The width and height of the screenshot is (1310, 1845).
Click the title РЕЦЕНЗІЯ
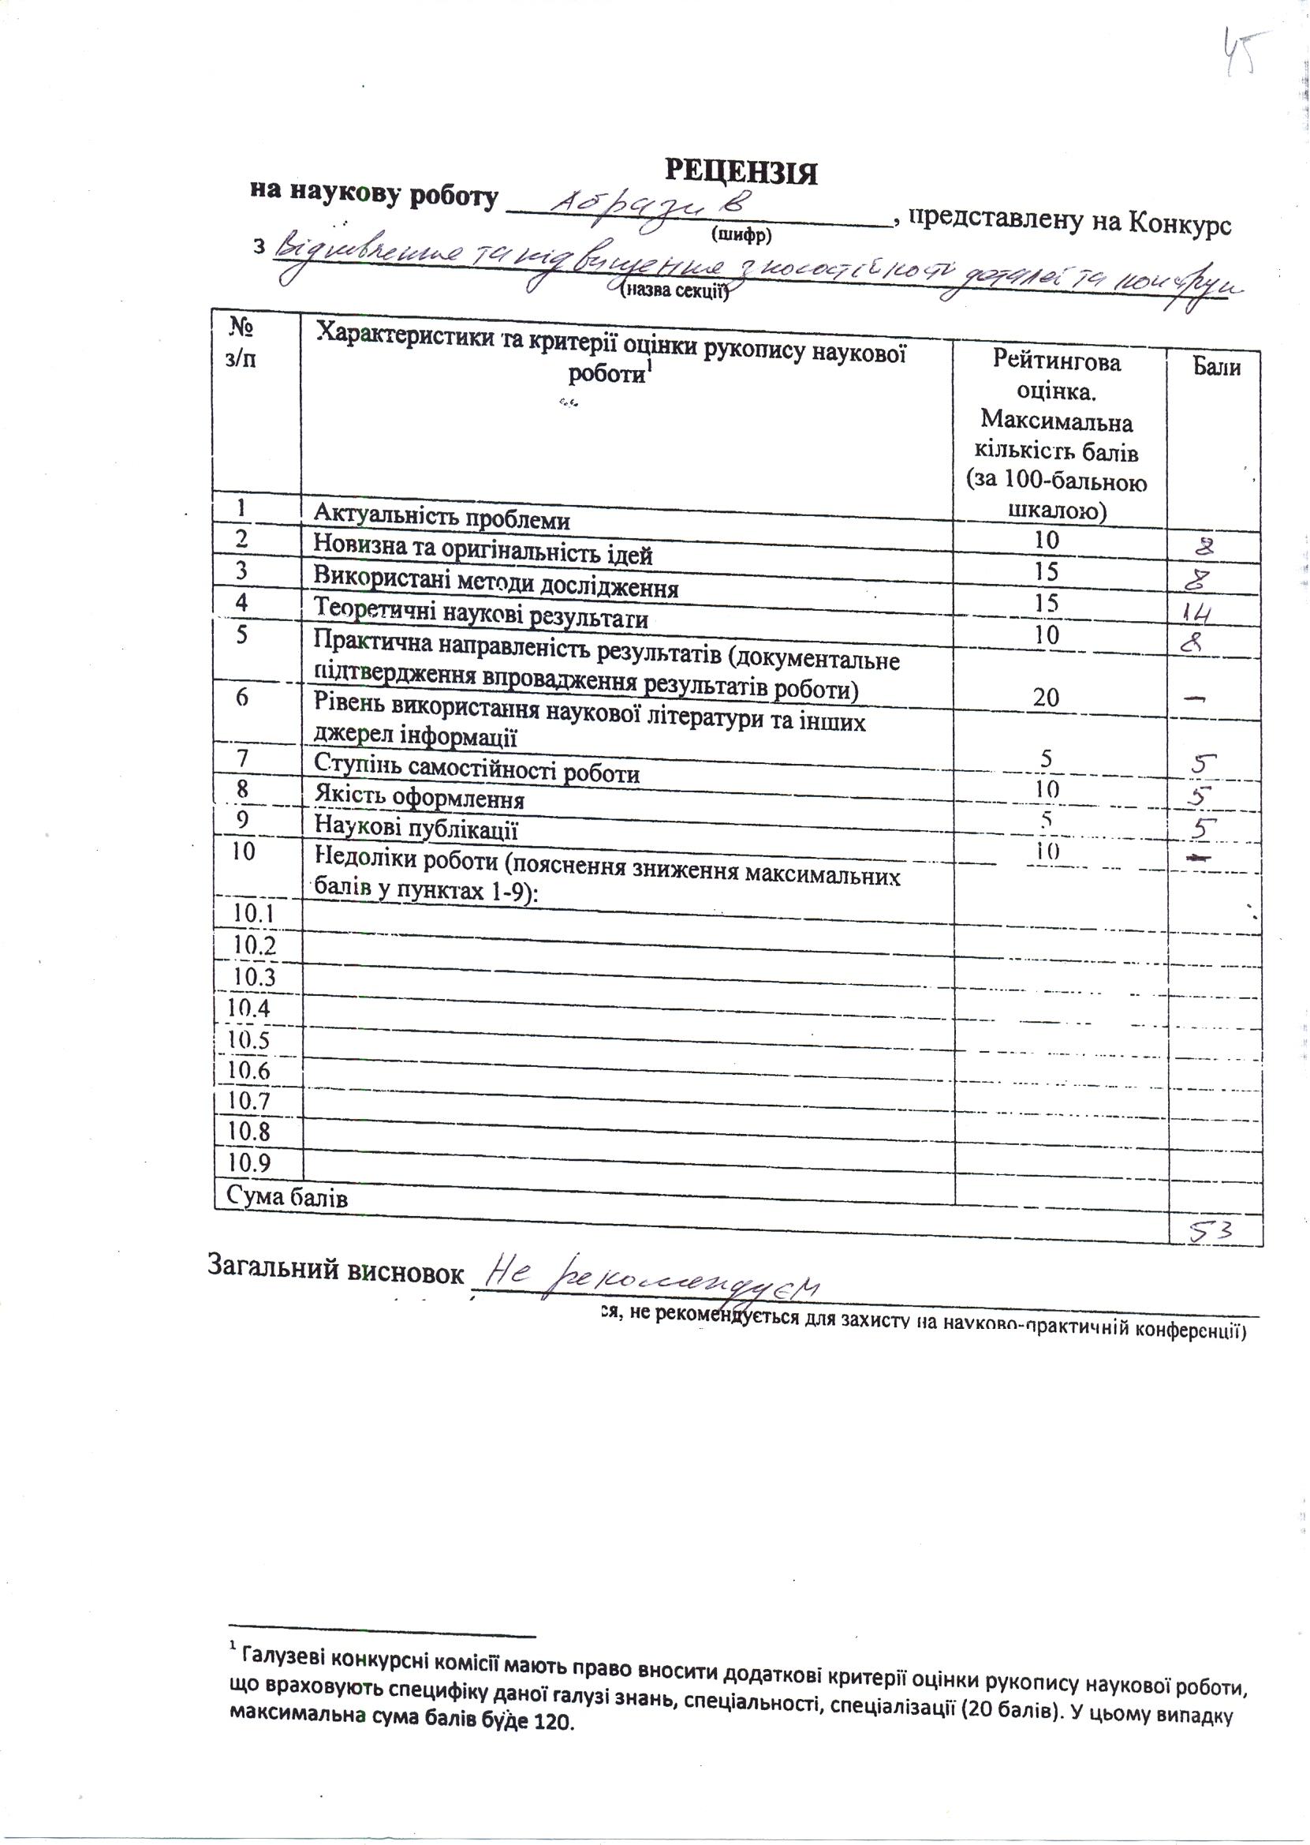[x=741, y=172]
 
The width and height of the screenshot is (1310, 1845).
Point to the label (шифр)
[x=741, y=235]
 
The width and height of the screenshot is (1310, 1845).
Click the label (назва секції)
[x=674, y=291]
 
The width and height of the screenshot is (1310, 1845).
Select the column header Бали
[x=1216, y=368]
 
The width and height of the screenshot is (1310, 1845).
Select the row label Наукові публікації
[x=416, y=829]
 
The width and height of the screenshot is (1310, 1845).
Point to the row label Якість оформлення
[x=419, y=799]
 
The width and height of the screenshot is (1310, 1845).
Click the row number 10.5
[x=248, y=1039]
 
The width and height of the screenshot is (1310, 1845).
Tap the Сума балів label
[x=287, y=1197]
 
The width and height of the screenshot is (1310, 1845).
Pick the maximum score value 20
[x=1046, y=698]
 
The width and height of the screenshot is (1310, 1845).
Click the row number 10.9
[x=248, y=1162]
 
